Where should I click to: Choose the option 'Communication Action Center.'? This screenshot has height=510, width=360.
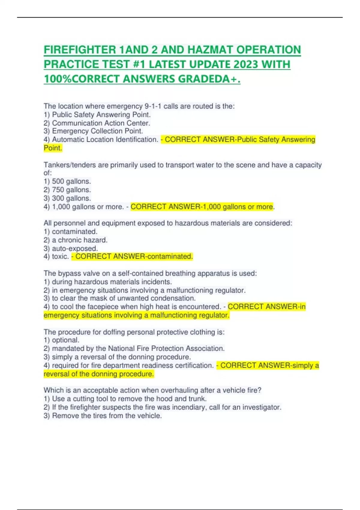[101, 123]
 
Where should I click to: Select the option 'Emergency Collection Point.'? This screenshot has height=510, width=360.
[97, 131]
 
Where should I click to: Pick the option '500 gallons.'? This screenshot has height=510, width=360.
[71, 181]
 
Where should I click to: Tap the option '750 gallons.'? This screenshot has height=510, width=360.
[71, 190]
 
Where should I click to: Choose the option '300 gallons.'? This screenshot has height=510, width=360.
[71, 198]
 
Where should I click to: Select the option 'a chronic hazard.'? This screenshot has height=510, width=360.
[79, 240]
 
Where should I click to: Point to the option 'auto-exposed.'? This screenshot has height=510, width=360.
[75, 248]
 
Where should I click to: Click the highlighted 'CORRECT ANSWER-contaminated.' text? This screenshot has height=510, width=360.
[134, 256]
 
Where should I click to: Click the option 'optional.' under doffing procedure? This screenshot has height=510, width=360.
[65, 340]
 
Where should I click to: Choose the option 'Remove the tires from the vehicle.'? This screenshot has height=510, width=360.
[106, 416]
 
